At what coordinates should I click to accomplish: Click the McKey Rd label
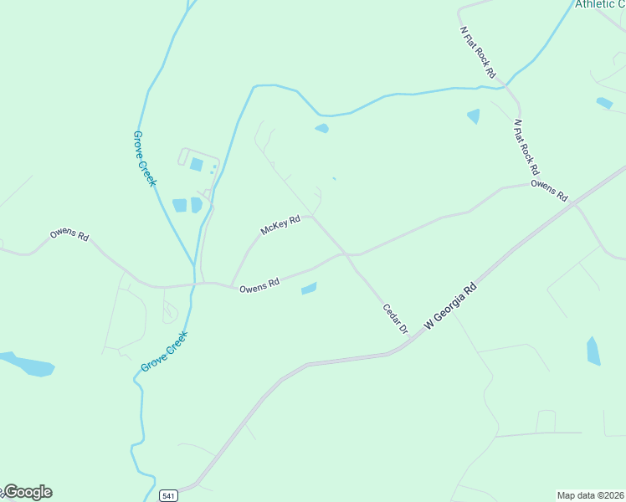280,225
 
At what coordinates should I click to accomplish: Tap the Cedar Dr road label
394,319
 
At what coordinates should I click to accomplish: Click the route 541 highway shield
169,495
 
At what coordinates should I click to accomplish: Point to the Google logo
27,492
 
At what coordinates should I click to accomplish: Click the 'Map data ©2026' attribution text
590,495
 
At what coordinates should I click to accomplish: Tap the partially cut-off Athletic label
599,4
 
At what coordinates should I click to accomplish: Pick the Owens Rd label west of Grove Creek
69,234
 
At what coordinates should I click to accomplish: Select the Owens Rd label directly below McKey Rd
259,287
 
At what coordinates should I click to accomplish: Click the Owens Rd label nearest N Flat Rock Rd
549,190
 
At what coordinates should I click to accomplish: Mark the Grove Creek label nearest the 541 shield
164,351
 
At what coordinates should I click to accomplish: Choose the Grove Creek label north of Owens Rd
145,158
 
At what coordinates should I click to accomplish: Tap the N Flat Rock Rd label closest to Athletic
479,52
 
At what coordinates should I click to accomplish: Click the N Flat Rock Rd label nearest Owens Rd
524,141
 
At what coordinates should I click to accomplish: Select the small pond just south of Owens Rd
309,289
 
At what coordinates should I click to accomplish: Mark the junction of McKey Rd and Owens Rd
231,285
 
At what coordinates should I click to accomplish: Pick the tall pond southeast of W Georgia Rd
593,351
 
